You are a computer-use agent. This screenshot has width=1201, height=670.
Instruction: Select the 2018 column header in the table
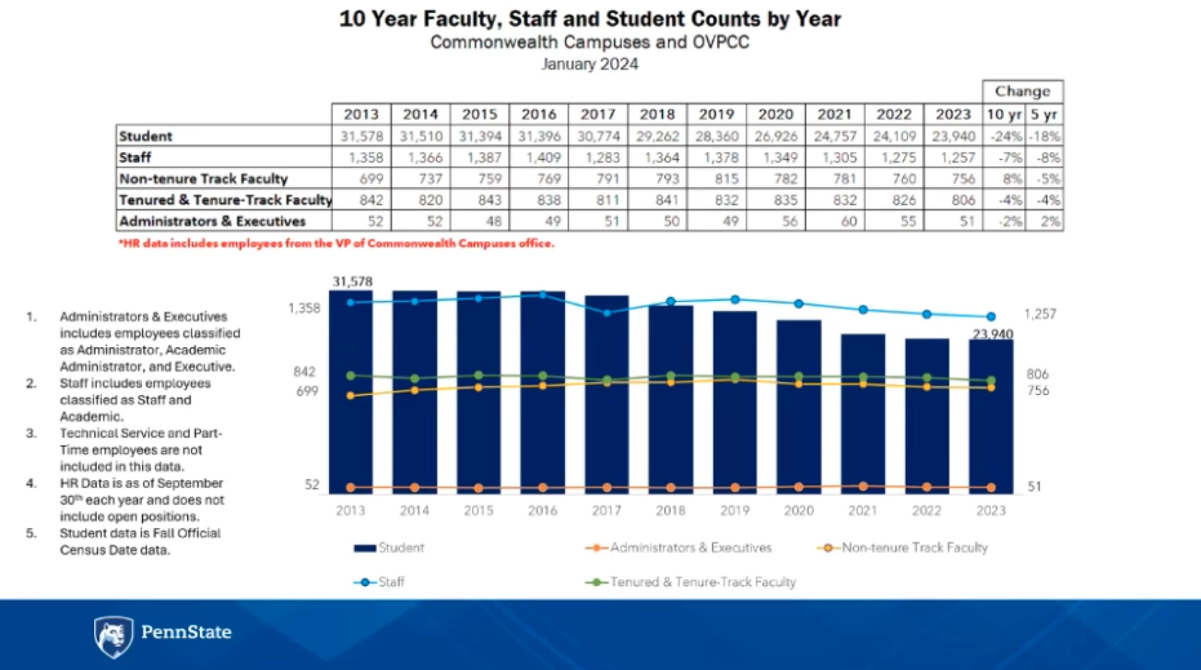tap(657, 114)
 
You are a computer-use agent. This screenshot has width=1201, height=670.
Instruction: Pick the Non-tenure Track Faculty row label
tap(203, 179)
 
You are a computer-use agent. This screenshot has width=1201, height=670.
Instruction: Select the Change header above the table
tap(1022, 91)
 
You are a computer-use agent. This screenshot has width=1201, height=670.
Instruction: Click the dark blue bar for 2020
tap(798, 409)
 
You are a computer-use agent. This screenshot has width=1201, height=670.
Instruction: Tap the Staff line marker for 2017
tap(607, 312)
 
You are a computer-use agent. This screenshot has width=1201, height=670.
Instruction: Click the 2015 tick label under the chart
tap(478, 510)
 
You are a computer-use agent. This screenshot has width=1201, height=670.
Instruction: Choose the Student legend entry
tap(390, 548)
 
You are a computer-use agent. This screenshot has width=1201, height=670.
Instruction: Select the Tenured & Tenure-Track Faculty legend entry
tap(691, 582)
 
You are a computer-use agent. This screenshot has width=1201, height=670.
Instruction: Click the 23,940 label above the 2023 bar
tap(992, 334)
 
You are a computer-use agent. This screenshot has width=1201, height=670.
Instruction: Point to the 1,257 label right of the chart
tap(1039, 314)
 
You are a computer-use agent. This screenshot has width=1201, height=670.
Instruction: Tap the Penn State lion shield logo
tap(113, 636)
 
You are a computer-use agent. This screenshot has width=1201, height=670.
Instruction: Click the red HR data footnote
tap(336, 244)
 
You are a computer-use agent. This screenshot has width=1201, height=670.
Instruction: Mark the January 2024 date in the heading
tap(590, 64)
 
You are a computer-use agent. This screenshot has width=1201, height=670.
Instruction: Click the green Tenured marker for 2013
tap(351, 376)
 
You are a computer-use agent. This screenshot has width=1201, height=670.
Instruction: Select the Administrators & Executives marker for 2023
tap(991, 487)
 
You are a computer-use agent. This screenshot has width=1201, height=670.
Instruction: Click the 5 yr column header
tap(1043, 114)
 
